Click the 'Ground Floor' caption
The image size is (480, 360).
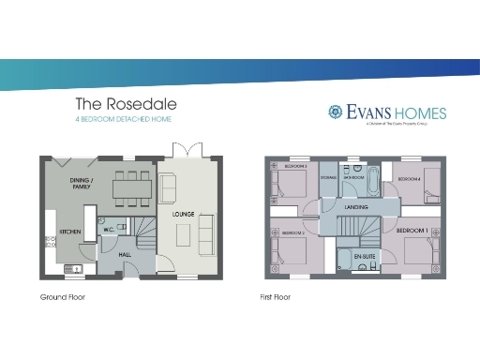pos(62,297)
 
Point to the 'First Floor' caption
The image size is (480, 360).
pos(276,297)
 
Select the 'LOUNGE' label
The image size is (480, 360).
pos(182,214)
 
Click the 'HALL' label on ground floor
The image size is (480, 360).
pos(125,253)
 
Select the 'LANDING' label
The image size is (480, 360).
pos(355,205)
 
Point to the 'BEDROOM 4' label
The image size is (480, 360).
pos(409,178)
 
